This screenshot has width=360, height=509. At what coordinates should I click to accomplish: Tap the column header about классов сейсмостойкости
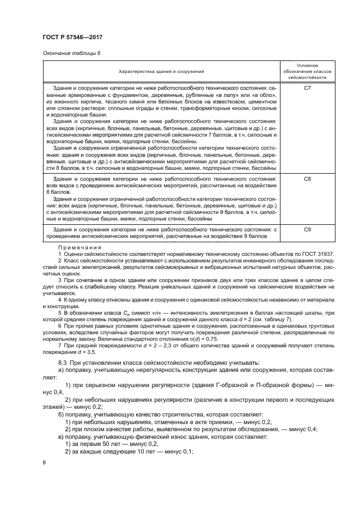307,71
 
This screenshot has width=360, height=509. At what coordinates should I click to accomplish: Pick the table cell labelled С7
307,88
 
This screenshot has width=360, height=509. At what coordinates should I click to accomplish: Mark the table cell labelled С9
307,230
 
